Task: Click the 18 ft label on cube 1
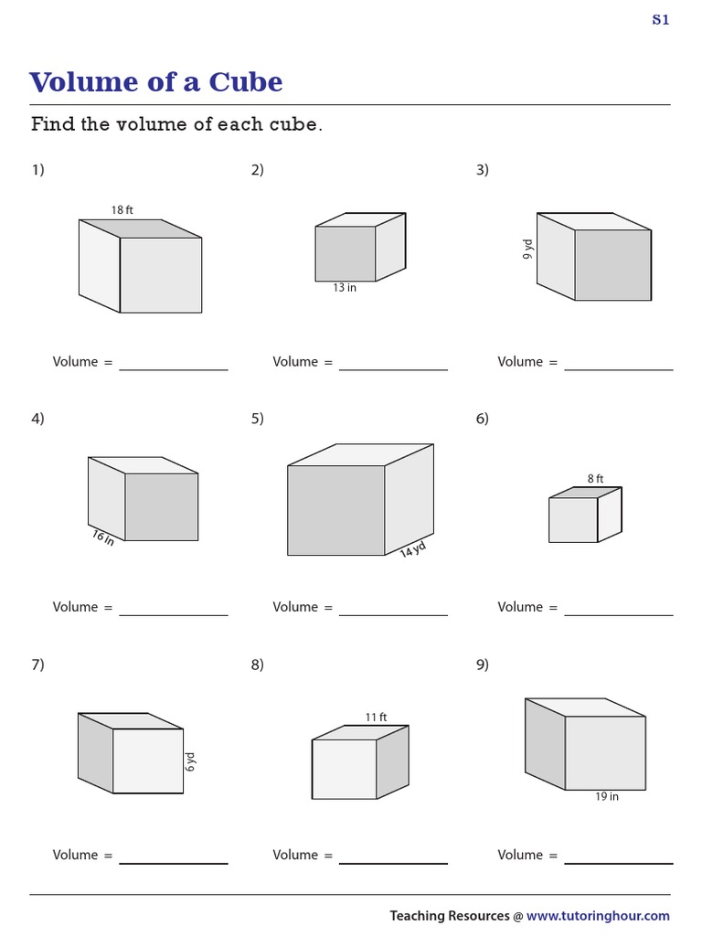(x=122, y=210)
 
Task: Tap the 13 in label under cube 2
(x=345, y=288)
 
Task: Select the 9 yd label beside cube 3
(x=528, y=250)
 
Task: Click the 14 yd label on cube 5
(x=413, y=550)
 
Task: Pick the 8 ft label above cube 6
(x=596, y=478)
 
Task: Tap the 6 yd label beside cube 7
(x=191, y=761)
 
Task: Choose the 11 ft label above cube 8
(x=376, y=718)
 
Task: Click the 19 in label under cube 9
(x=607, y=797)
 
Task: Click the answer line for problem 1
(x=173, y=368)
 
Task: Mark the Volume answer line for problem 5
(x=393, y=613)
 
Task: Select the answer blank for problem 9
(x=618, y=862)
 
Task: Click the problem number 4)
(x=37, y=419)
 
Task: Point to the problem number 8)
(x=258, y=665)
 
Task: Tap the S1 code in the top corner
(x=660, y=20)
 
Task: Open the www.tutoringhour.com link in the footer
(x=598, y=915)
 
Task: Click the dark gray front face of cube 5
(x=335, y=510)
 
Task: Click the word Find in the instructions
(x=53, y=124)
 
